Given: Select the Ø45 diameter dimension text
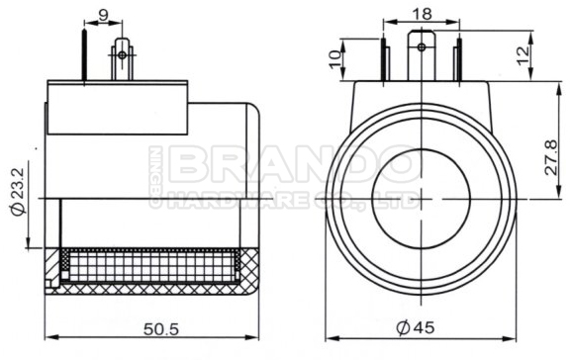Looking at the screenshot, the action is click(416, 328).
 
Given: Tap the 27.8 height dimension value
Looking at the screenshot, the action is click(551, 157).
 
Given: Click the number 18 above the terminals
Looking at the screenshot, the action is click(422, 14).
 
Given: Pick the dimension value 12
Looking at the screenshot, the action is click(524, 55).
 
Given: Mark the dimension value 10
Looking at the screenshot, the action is click(335, 58).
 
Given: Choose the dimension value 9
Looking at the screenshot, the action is click(104, 15).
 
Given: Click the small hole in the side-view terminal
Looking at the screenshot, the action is click(122, 55).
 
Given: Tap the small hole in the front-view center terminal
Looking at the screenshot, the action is click(422, 47).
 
